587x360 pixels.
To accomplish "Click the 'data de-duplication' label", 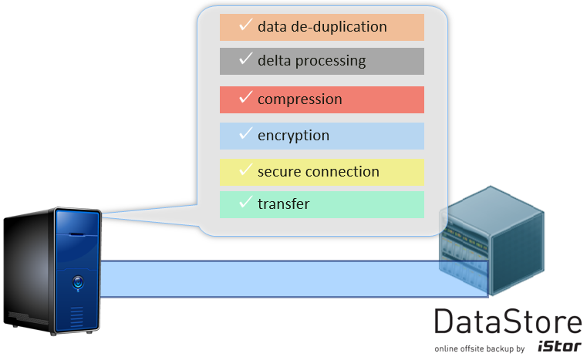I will tap(322, 27).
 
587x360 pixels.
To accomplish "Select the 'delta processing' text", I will tap(312, 60).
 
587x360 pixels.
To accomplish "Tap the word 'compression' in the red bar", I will tap(299, 99).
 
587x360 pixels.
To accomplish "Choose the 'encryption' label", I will tap(293, 136).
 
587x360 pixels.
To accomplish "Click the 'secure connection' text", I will tap(318, 171).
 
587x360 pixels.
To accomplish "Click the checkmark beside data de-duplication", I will tap(246, 25).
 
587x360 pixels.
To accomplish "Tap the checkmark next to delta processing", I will tap(246, 59).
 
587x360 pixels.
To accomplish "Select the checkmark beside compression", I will tap(246, 98).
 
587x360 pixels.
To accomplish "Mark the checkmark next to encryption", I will tap(246, 134).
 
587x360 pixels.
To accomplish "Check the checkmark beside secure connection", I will tap(246, 170).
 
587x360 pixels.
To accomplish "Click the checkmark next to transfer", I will tap(246, 203).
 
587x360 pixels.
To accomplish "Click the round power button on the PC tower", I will tap(77, 282).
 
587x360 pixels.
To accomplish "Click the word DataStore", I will tap(507, 322).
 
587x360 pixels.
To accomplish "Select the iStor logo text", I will tap(559, 348).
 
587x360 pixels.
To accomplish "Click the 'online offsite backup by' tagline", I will tap(479, 349).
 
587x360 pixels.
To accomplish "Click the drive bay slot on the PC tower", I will tap(77, 231).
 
